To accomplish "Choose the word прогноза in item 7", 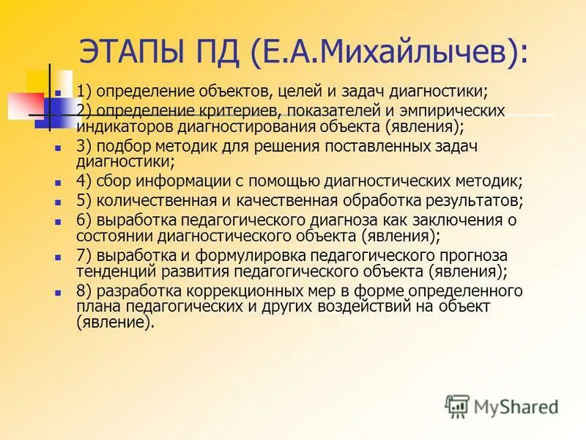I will (468, 256).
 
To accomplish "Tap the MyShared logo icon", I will (457, 406).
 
